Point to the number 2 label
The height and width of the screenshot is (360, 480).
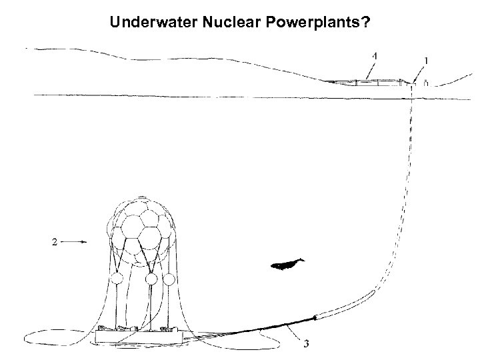(x=54, y=243)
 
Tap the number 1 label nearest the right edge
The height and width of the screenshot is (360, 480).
(x=426, y=61)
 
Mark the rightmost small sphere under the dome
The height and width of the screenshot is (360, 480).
(x=171, y=278)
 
